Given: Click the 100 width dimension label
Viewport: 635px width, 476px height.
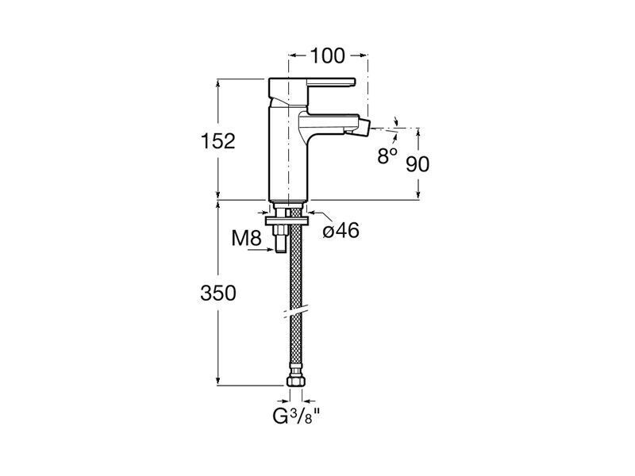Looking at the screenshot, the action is pos(327,56).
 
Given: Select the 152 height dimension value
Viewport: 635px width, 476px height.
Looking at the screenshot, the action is pos(217,141).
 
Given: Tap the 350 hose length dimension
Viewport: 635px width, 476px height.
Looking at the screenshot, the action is pos(217,293).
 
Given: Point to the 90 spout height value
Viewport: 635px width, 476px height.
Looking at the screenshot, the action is pos(418,164).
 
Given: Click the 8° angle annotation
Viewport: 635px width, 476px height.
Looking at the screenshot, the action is pos(387,155).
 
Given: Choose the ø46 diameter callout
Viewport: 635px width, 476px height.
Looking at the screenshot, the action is pos(341,231).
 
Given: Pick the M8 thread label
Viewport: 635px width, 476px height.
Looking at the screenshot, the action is pos(247,238).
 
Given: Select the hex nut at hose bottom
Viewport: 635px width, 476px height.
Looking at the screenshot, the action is pos(296,382).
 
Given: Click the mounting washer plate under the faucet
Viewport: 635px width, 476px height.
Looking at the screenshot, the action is pos(287,221).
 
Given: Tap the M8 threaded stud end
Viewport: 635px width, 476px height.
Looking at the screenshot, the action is pos(280,246).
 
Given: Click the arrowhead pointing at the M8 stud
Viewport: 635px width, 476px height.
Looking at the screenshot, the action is pos(271,250).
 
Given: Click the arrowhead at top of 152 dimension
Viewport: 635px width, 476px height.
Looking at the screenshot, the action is pos(217,83).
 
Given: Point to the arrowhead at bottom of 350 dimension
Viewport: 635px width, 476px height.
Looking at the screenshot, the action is pos(217,381).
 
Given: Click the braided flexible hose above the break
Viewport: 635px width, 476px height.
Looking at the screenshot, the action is pos(296,259).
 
